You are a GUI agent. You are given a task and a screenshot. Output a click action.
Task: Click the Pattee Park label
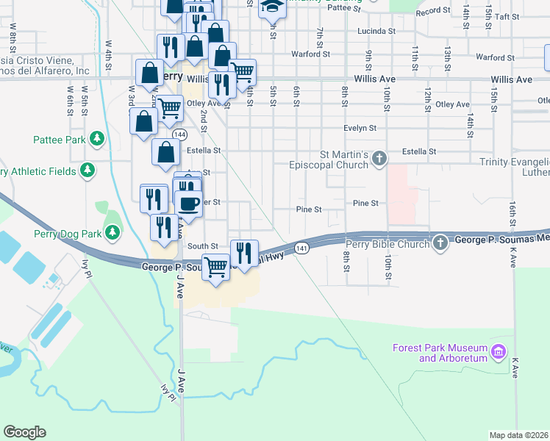click(x=59, y=139)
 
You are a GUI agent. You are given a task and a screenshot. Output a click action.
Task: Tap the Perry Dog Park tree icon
click(x=113, y=233)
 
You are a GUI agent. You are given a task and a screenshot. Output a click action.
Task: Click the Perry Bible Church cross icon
click(x=440, y=242)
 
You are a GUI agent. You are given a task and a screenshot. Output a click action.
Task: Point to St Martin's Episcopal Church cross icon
click(x=379, y=158)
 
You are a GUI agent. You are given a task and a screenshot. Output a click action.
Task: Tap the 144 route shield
click(x=179, y=135)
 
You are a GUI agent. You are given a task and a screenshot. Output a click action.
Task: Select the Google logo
click(x=25, y=432)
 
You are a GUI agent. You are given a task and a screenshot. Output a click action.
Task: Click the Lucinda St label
click(x=376, y=32)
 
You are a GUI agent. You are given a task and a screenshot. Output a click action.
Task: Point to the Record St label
click(x=432, y=12)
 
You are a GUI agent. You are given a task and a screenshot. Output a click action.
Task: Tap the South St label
click(x=202, y=246)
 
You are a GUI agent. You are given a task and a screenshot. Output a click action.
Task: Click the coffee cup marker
click(x=188, y=203)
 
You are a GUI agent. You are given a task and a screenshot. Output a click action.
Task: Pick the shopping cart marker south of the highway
click(x=215, y=265)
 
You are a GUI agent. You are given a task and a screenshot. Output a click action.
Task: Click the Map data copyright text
click(x=519, y=434)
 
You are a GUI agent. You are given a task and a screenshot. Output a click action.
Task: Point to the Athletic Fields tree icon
click(x=87, y=171)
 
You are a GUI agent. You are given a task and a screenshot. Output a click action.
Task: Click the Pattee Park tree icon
click(x=96, y=138)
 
